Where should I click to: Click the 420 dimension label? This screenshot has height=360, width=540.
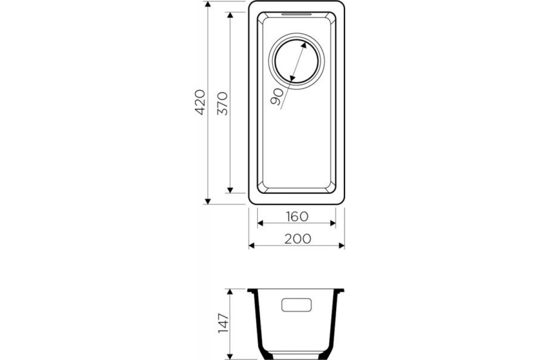200,102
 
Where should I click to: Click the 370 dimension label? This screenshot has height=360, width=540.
222,103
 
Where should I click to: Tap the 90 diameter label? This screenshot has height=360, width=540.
276,97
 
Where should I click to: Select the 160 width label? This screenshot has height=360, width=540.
297,216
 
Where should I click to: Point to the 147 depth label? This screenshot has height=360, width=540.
223,324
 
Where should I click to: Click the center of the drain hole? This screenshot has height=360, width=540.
296,61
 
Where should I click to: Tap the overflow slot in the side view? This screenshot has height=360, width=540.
296,305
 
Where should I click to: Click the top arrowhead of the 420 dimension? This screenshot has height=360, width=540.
208,4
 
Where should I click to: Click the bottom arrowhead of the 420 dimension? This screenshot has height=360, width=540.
208,201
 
